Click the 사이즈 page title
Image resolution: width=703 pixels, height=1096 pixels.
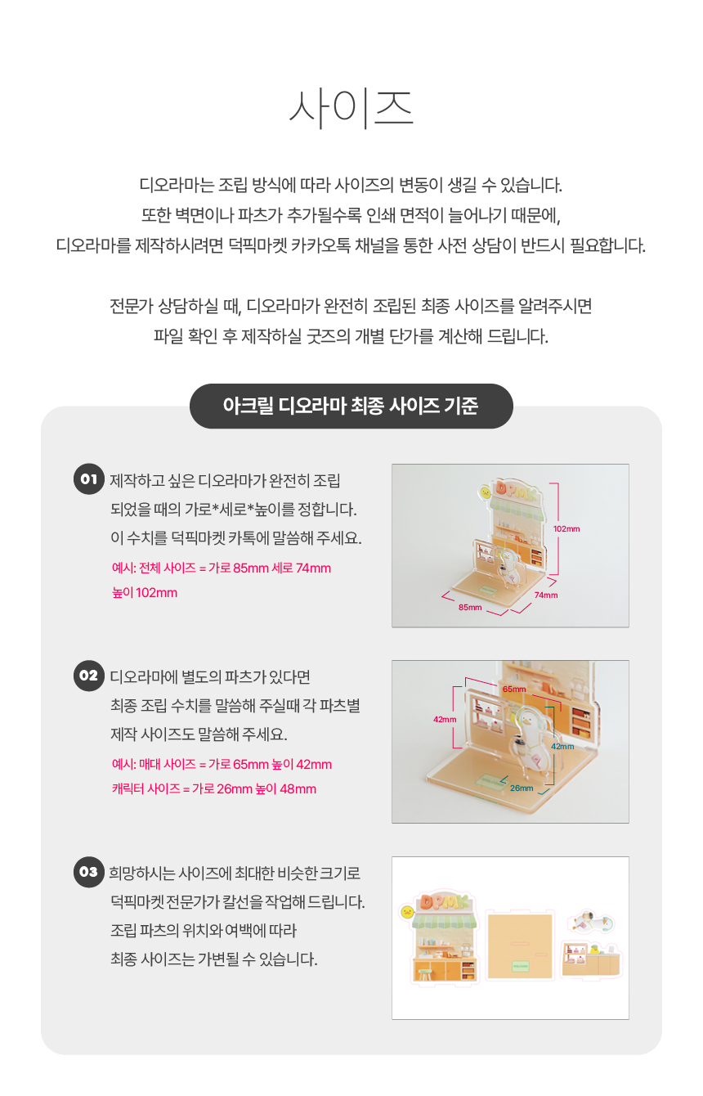(351, 109)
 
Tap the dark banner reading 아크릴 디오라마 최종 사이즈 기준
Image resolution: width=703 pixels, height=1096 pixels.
(351, 406)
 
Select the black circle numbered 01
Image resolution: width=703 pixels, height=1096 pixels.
(88, 478)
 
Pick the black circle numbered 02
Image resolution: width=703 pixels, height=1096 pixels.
(88, 676)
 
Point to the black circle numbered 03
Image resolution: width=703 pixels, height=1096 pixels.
(88, 871)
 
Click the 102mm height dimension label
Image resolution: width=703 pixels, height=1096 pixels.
(566, 528)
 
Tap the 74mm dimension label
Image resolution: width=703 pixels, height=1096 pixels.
(545, 595)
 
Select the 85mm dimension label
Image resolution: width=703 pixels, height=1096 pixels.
(470, 607)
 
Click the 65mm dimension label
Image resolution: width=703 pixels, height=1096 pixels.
(514, 689)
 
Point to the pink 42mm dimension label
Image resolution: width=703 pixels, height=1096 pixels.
(445, 719)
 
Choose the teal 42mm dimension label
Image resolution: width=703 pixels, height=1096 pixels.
(562, 746)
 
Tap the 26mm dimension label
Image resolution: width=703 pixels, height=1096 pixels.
(522, 788)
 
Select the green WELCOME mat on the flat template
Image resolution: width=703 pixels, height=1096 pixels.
(520, 966)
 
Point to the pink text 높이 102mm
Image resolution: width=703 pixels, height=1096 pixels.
(145, 592)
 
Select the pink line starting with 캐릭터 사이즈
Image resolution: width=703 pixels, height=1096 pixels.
(214, 788)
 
